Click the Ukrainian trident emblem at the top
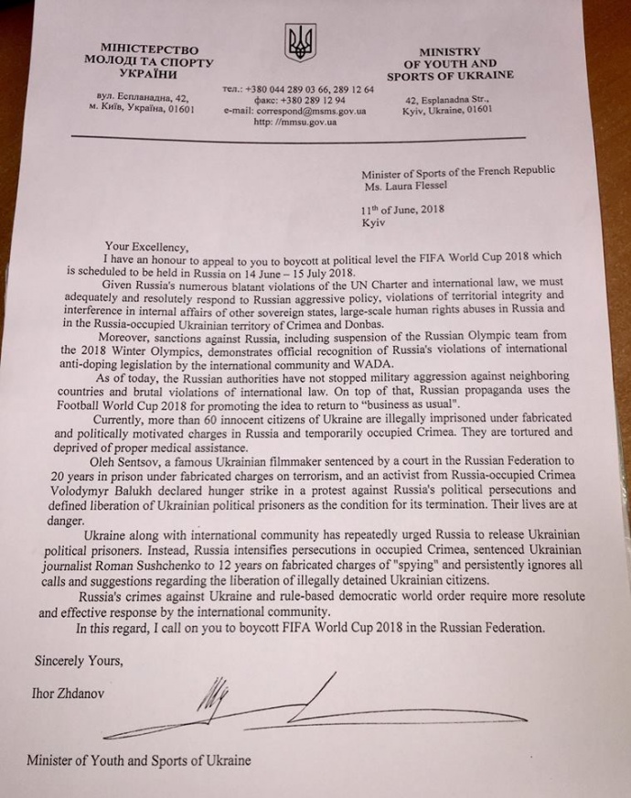coord(299,42)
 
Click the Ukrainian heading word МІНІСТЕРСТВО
coord(149,49)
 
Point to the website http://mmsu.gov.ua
coord(294,121)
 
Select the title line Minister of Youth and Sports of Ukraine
coord(138,760)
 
